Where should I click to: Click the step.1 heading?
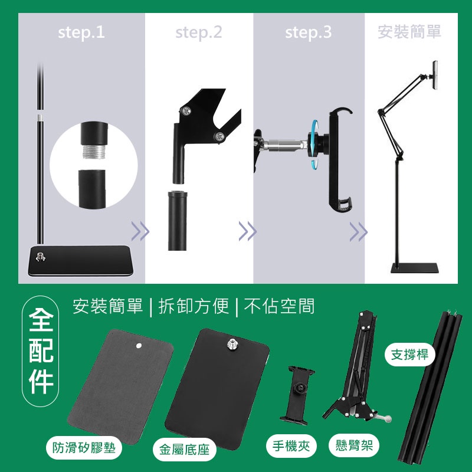point(81,32)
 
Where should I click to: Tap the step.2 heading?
point(199,32)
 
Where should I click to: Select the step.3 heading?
point(308,32)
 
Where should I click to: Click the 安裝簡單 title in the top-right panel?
point(409,32)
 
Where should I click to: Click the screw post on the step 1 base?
point(41,257)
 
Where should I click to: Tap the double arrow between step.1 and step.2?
point(140,231)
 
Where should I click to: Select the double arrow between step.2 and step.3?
point(247,231)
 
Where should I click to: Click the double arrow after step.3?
point(359,231)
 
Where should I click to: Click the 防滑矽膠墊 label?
point(84,448)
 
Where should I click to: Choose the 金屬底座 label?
point(184,450)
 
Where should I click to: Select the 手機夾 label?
point(291,446)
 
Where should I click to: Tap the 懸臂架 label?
point(354,445)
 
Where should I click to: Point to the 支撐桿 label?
point(409,355)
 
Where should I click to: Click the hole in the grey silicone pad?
point(139,346)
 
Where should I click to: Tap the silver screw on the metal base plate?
point(232,343)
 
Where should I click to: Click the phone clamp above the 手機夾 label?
point(297,394)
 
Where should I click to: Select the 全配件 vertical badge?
point(41,351)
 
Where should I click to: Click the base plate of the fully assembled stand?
point(415,268)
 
